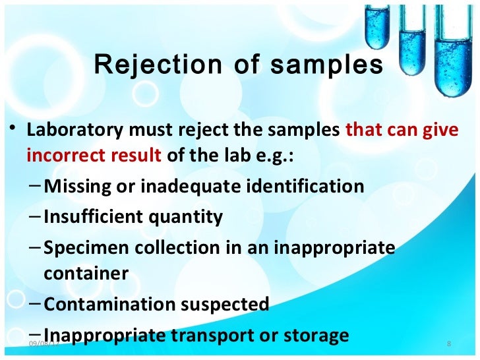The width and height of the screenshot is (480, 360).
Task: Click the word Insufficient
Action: [x=93, y=217]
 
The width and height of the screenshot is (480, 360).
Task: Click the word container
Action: [x=86, y=274]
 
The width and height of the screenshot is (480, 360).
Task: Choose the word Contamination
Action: [x=108, y=304]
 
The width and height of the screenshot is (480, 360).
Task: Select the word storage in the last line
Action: [x=313, y=335]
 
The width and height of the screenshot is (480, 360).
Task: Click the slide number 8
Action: [x=448, y=344]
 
